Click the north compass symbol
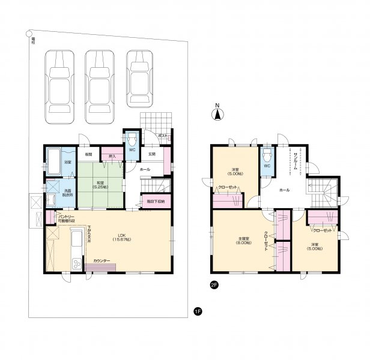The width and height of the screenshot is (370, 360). click(218, 114)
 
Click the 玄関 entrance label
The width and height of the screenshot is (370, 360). click(153, 154)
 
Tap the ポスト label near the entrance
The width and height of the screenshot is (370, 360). click(162, 136)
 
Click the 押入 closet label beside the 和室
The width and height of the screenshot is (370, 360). click(112, 157)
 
